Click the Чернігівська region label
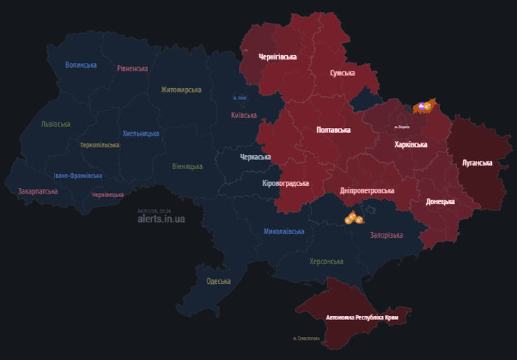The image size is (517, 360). pos(278,57)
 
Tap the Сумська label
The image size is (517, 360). pos(342,73)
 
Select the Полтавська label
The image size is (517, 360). pos(333,130)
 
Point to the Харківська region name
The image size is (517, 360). pos(411,145)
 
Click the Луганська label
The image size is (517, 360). pos(477,163)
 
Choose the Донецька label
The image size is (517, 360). pos(440,201)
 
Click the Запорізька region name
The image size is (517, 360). pos(386,235)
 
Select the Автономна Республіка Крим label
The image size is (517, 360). pos(362,317)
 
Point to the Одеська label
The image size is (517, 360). pos(219,281)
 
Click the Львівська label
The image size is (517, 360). pos(56,124)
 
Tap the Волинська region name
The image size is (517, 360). pos(81,65)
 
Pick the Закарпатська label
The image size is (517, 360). pos(38,190)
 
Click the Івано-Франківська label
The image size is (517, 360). pos(78,175)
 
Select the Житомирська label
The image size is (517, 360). pos(181,89)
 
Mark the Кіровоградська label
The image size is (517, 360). pos(285,183)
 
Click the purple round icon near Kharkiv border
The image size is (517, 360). pos(422,107)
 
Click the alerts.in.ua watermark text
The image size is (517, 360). pos(161,219)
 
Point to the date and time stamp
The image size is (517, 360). pos(154,210)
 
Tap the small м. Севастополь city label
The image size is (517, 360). pos(307,338)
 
